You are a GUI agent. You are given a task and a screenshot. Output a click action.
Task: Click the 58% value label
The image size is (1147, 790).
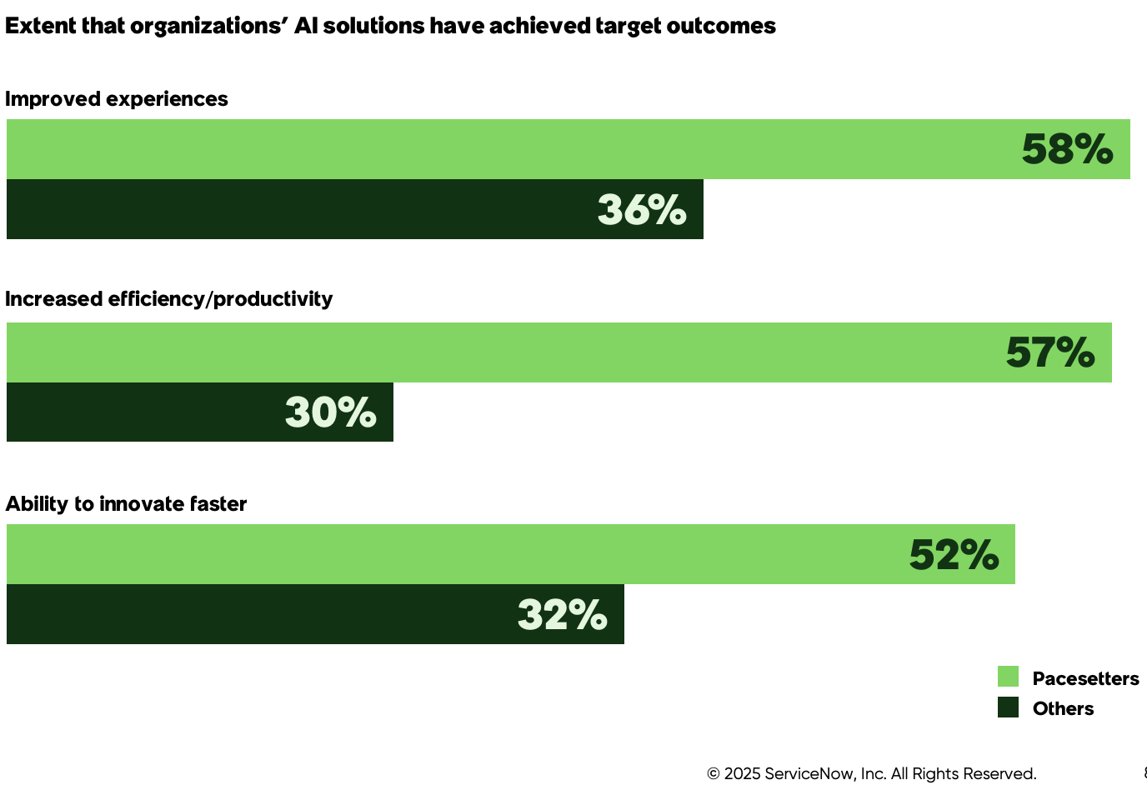click(x=1067, y=150)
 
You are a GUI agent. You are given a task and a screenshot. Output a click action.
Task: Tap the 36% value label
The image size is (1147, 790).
click(x=642, y=210)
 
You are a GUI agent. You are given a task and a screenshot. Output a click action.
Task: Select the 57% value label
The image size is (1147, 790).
click(x=1050, y=352)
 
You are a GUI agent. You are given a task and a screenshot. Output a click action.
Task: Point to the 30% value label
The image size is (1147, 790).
click(x=331, y=412)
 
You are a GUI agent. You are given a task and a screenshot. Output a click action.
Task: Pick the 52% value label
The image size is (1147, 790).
click(x=954, y=555)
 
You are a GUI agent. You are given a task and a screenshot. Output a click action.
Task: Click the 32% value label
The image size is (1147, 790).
click(x=563, y=615)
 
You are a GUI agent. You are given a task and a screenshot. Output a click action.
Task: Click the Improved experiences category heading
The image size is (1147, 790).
click(x=117, y=99)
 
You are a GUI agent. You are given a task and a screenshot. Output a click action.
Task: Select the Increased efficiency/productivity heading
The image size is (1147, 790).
click(x=169, y=299)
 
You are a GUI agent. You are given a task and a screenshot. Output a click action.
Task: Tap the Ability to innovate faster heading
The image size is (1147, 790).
click(x=127, y=504)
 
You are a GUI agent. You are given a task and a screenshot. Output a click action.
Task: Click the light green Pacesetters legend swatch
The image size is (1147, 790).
click(x=1008, y=677)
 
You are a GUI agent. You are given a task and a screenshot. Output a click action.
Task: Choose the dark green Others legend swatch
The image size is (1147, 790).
click(x=1008, y=707)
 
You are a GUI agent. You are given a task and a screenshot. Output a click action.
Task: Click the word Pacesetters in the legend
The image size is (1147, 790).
click(x=1085, y=678)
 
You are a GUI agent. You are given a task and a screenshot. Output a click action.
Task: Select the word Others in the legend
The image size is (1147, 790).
click(x=1063, y=708)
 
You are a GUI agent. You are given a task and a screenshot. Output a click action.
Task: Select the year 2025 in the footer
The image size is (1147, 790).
click(x=742, y=773)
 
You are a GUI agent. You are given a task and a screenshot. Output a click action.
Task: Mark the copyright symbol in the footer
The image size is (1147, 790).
click(x=714, y=773)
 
